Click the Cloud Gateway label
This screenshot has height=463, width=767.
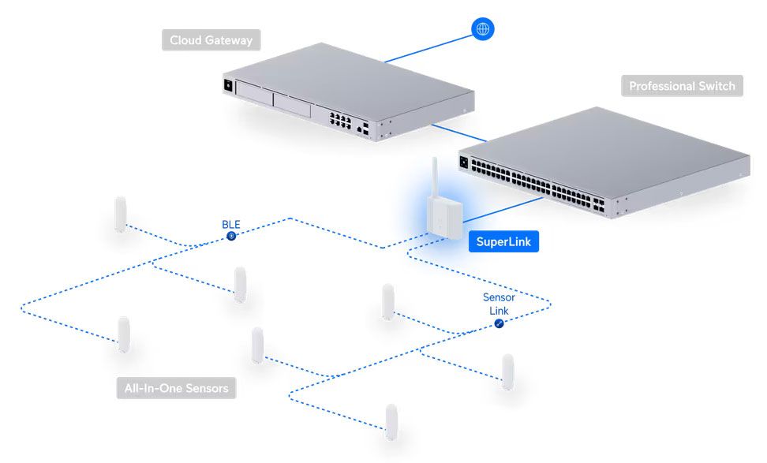[211, 40]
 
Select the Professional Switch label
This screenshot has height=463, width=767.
[682, 86]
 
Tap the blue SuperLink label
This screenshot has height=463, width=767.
[503, 241]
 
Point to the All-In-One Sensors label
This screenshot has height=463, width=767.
[176, 388]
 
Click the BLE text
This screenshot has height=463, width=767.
[231, 224]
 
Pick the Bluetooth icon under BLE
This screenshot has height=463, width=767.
[231, 235]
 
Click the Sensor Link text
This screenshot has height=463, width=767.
[499, 304]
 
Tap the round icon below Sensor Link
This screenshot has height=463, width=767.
[499, 324]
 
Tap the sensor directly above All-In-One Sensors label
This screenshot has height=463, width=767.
[124, 335]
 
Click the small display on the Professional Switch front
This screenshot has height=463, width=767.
[463, 163]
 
